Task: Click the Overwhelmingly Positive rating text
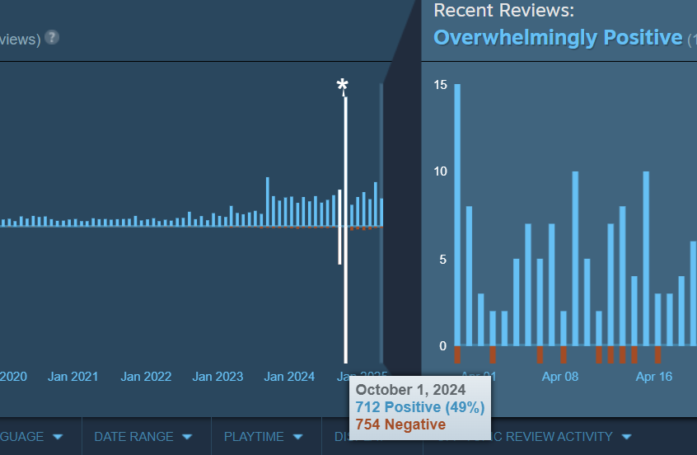[x=558, y=38]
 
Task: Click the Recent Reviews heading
[x=503, y=11]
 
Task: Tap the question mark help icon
[x=52, y=37]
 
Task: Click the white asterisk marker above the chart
[x=343, y=87]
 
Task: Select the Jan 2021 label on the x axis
[x=73, y=377]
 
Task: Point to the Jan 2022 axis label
[x=146, y=377]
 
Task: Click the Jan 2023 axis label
[x=218, y=377]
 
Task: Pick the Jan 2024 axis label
[x=289, y=377]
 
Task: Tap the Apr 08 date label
[x=561, y=377]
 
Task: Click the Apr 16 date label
[x=655, y=377]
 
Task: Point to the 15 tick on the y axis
[x=440, y=85]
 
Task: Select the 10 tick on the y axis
[x=440, y=171]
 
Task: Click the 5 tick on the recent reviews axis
[x=442, y=259]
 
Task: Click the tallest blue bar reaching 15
[x=457, y=214]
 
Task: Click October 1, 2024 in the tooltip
[x=410, y=390]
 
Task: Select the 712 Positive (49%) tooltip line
[x=419, y=407]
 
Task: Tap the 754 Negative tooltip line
[x=400, y=424]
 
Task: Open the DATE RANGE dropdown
[x=143, y=437]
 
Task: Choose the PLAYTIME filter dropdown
[x=263, y=437]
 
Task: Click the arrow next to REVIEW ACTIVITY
[x=626, y=437]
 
